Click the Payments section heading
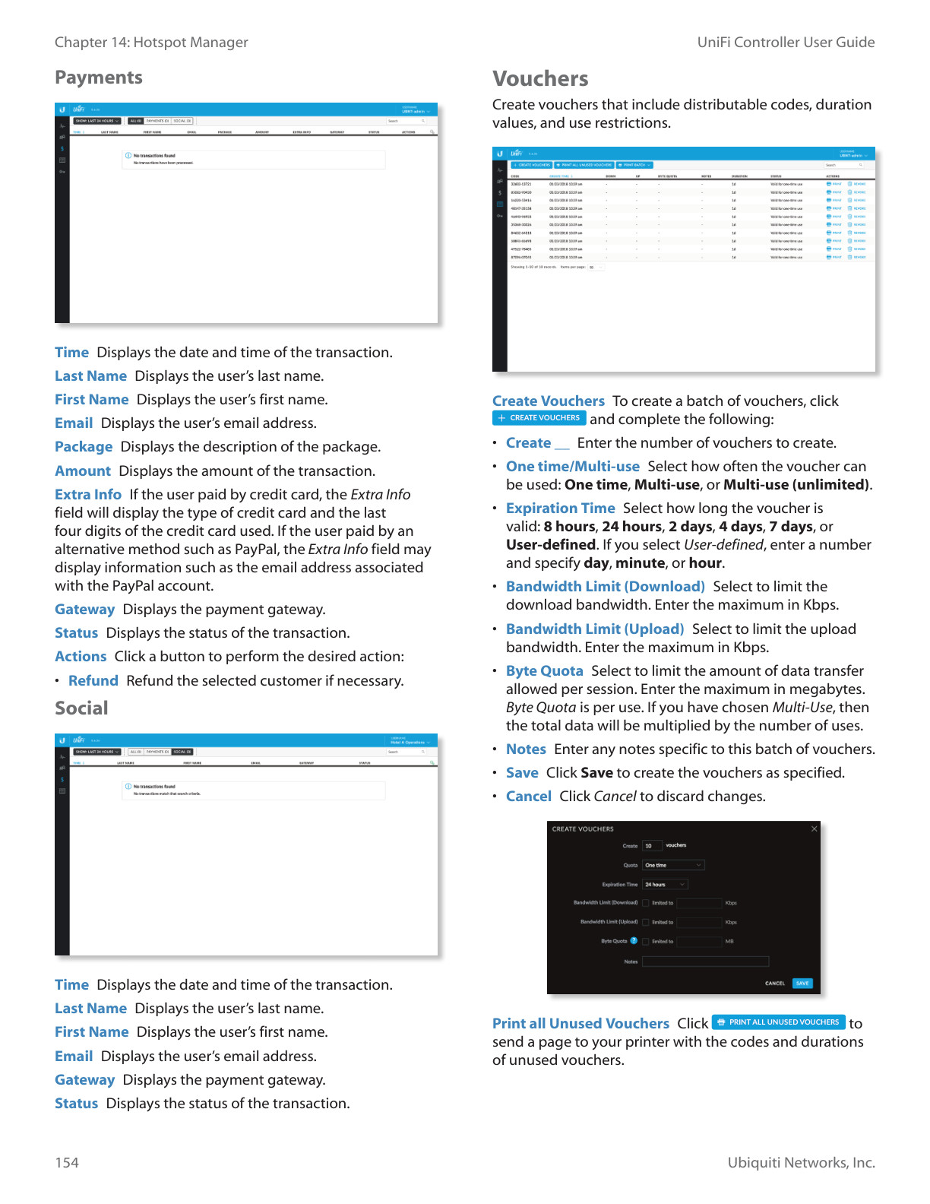[x=99, y=78]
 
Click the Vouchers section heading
[x=540, y=79]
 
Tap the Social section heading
[x=81, y=708]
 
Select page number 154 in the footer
[x=67, y=1162]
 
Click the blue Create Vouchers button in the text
[x=539, y=418]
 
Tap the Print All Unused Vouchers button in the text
[x=779, y=1022]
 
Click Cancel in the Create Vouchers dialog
[x=774, y=984]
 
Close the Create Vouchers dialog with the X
[x=815, y=829]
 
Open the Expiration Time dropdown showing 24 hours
[x=665, y=884]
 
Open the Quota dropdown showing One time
[x=673, y=865]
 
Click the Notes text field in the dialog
[x=705, y=962]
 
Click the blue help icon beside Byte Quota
[x=634, y=941]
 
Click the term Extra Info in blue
[x=88, y=495]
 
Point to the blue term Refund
[x=93, y=681]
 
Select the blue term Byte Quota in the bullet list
[x=545, y=671]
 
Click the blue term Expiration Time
[x=561, y=509]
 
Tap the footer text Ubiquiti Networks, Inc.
[x=801, y=1162]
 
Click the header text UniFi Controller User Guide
[x=786, y=43]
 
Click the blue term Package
[x=84, y=447]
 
